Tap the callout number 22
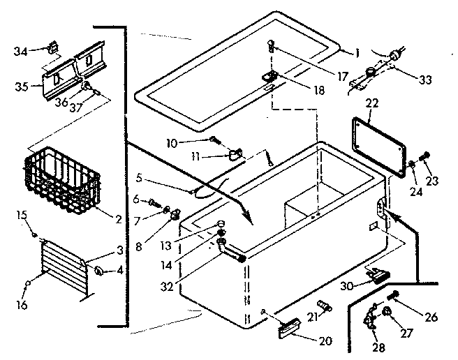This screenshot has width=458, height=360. (371, 104)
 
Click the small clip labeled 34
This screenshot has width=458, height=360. (52, 49)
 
